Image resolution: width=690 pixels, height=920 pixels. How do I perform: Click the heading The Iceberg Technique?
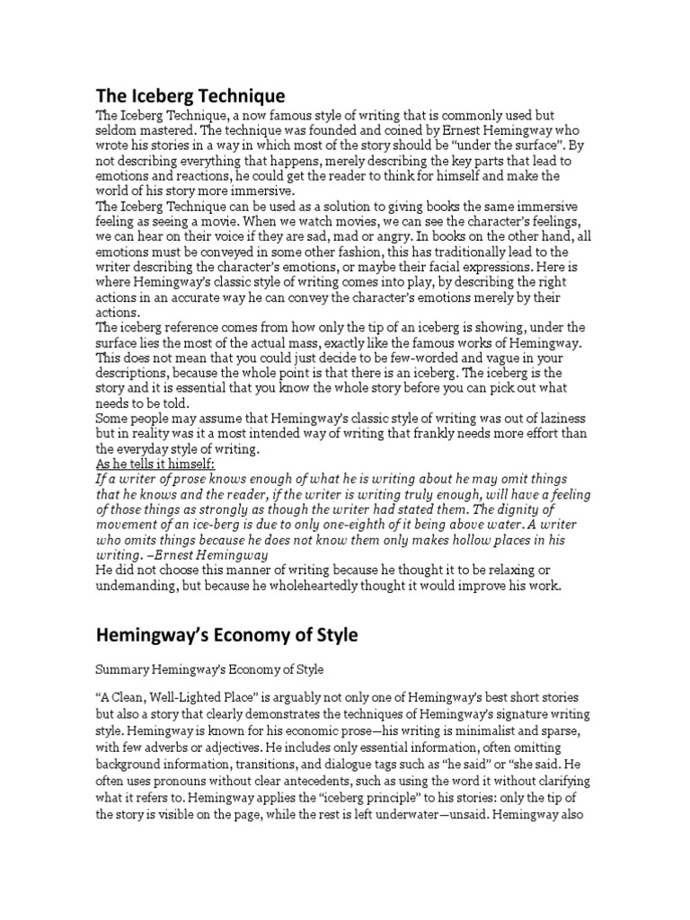tap(190, 94)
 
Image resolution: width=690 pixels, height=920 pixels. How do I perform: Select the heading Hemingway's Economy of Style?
tap(226, 635)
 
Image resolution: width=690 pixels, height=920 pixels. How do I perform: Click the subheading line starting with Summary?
tap(208, 670)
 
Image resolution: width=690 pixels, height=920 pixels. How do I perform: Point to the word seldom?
tap(118, 130)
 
